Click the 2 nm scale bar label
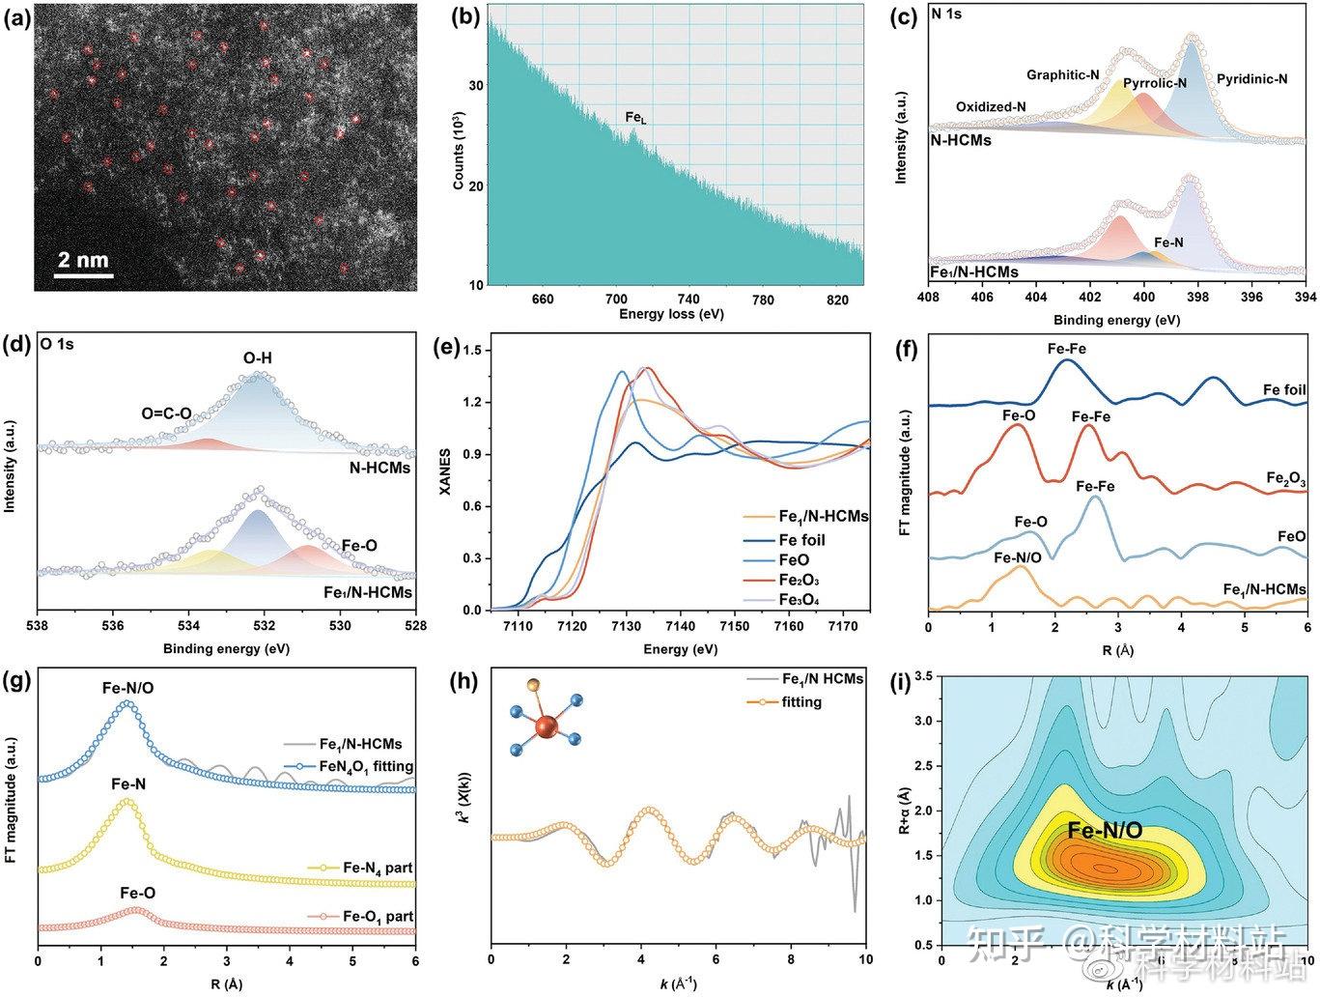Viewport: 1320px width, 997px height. click(x=83, y=260)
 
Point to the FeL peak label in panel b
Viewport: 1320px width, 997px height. click(x=635, y=118)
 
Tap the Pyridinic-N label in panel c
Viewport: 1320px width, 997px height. click(x=1251, y=78)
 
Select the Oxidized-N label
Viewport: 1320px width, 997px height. click(x=991, y=106)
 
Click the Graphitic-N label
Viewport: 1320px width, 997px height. click(x=1062, y=74)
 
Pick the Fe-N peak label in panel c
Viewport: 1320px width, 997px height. click(x=1168, y=242)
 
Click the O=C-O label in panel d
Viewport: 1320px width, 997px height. click(x=166, y=413)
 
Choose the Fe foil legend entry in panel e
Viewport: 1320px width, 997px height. click(x=801, y=540)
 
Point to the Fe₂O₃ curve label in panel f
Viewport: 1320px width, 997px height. click(x=1285, y=479)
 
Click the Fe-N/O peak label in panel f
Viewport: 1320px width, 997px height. click(x=1018, y=557)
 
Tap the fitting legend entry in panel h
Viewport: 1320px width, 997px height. click(x=794, y=701)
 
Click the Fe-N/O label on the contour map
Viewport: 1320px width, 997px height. click(x=1105, y=830)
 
